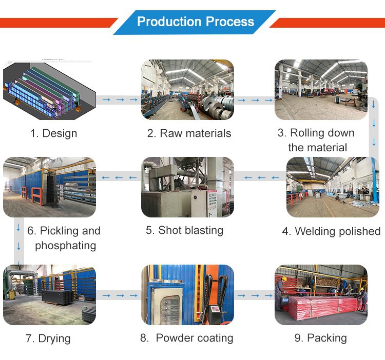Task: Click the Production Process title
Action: point(196,22)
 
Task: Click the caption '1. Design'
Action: point(53,133)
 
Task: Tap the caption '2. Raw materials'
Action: point(189,133)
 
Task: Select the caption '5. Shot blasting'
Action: point(184,230)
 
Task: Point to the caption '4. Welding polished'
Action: point(331,231)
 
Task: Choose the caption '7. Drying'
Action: point(48,338)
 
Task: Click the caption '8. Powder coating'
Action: point(187,338)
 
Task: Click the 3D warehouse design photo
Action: point(49,89)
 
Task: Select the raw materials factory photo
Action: point(187,89)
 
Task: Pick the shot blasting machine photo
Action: point(187,187)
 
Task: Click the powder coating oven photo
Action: point(187,295)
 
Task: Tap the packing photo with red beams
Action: point(321,295)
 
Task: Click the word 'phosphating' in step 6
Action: point(65,246)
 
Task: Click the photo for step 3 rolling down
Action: point(321,89)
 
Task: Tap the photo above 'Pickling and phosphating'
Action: point(49,187)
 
